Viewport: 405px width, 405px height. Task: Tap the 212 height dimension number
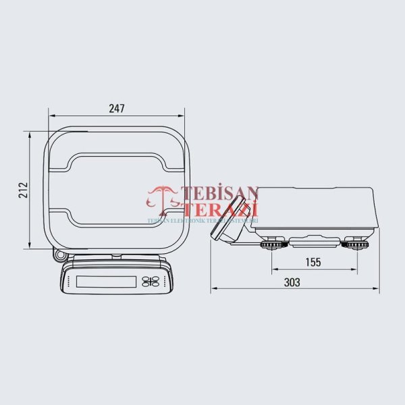click(x=22, y=190)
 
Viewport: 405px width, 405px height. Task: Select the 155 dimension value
click(x=313, y=262)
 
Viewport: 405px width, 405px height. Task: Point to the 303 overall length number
click(x=292, y=283)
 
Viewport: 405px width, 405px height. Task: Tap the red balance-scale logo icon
click(x=163, y=198)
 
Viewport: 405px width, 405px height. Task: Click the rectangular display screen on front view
click(x=106, y=281)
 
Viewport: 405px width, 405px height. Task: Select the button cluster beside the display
click(x=153, y=281)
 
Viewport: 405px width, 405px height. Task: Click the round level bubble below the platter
click(x=59, y=256)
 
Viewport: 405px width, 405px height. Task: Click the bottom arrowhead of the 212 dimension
click(x=30, y=246)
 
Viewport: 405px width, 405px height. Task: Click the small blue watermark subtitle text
click(x=202, y=220)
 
